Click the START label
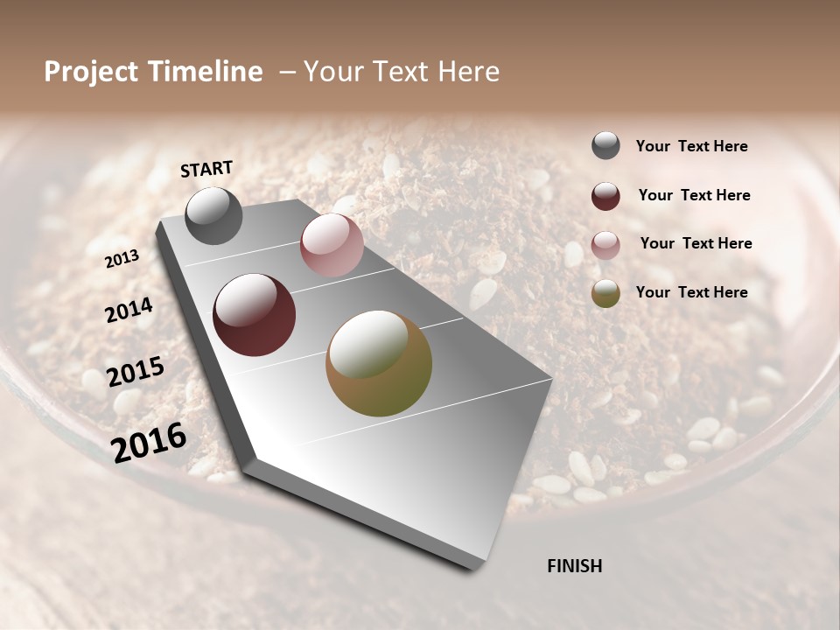(x=206, y=169)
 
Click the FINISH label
(x=574, y=566)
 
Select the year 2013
(x=122, y=259)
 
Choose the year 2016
(x=149, y=442)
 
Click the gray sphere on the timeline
(x=213, y=216)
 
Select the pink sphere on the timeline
(x=332, y=245)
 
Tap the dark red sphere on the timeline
(x=254, y=315)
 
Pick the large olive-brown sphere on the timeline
(x=379, y=363)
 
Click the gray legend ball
(x=605, y=146)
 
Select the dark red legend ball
(x=605, y=196)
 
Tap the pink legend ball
(x=605, y=244)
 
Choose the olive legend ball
(x=605, y=293)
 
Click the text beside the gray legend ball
(x=691, y=147)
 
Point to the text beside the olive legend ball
(x=691, y=292)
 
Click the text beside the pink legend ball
(x=696, y=243)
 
